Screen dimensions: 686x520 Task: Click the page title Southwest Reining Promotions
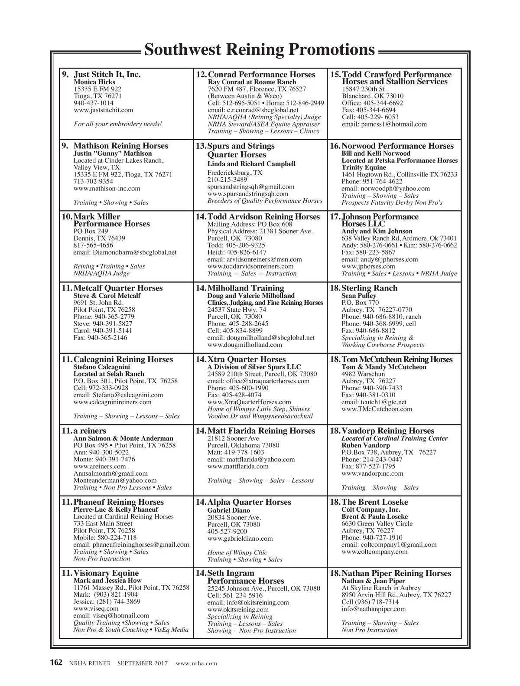(x=259, y=50)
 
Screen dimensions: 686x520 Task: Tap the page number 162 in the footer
(x=57, y=663)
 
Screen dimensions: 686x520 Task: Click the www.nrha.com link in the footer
(x=196, y=663)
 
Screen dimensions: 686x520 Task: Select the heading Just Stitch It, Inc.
(x=107, y=75)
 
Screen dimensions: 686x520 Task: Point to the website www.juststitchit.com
(x=104, y=110)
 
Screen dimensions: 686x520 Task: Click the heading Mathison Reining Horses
(x=120, y=146)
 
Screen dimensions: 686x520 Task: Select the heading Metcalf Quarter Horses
(x=118, y=288)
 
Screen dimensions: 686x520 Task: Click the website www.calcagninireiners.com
(x=113, y=402)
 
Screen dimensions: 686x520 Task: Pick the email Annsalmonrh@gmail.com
(x=110, y=474)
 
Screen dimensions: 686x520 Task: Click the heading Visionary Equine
(x=106, y=573)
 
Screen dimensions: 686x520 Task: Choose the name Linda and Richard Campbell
(x=251, y=164)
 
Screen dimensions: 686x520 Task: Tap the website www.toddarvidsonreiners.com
(x=250, y=266)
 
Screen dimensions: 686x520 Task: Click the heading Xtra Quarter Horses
(x=246, y=359)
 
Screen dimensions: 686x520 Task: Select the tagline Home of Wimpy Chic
(x=237, y=552)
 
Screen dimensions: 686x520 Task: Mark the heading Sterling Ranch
(x=369, y=288)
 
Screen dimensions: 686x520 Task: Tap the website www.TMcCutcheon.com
(x=377, y=409)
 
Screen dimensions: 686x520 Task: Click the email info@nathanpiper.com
(x=374, y=609)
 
